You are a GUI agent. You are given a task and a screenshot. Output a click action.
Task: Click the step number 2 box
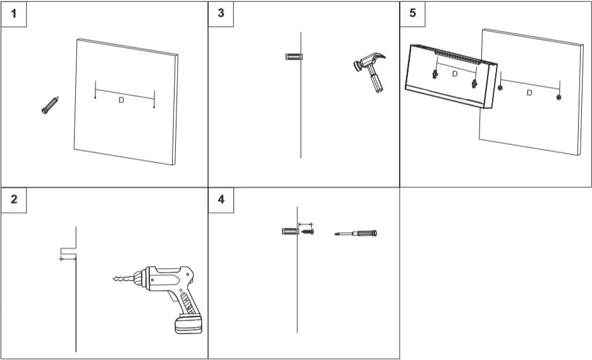click(x=13, y=199)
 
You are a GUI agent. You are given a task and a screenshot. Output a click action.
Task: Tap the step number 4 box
click(x=221, y=199)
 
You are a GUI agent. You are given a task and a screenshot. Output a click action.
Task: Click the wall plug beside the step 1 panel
click(x=50, y=105)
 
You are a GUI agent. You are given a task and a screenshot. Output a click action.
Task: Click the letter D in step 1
click(x=121, y=101)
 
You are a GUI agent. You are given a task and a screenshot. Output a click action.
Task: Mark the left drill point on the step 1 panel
click(x=95, y=97)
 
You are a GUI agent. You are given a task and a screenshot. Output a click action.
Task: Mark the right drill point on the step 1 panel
click(x=154, y=106)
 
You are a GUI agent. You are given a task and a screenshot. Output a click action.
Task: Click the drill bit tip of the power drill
click(x=114, y=279)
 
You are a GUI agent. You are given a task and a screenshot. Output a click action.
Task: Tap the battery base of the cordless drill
click(x=188, y=326)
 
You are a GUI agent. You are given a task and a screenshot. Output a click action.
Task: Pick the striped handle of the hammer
click(x=376, y=83)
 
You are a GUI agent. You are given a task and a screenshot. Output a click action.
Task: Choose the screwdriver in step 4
click(x=355, y=233)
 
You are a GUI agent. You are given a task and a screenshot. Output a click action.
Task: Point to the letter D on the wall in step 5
click(x=529, y=93)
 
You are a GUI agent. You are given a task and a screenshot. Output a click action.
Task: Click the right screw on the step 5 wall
click(x=558, y=97)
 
